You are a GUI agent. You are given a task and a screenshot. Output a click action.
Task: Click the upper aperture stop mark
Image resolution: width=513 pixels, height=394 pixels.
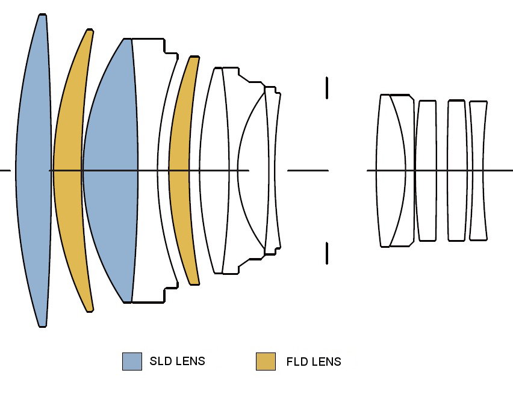327,87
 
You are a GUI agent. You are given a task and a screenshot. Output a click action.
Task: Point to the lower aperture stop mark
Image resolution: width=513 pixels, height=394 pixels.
327,253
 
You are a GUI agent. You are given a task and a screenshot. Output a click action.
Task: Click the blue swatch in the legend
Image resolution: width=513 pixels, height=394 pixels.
132,362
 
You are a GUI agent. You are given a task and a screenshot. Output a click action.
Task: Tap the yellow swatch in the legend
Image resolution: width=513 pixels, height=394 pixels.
266,362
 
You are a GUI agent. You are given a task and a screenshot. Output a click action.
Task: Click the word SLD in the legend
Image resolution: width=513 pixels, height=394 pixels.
160,362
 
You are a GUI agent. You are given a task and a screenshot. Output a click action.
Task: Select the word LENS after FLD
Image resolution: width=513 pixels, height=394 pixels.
326,362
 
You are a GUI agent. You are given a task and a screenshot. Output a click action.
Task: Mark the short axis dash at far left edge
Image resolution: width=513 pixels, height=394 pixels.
5,171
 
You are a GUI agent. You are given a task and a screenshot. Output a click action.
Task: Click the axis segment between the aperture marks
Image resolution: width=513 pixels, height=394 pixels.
308,171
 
